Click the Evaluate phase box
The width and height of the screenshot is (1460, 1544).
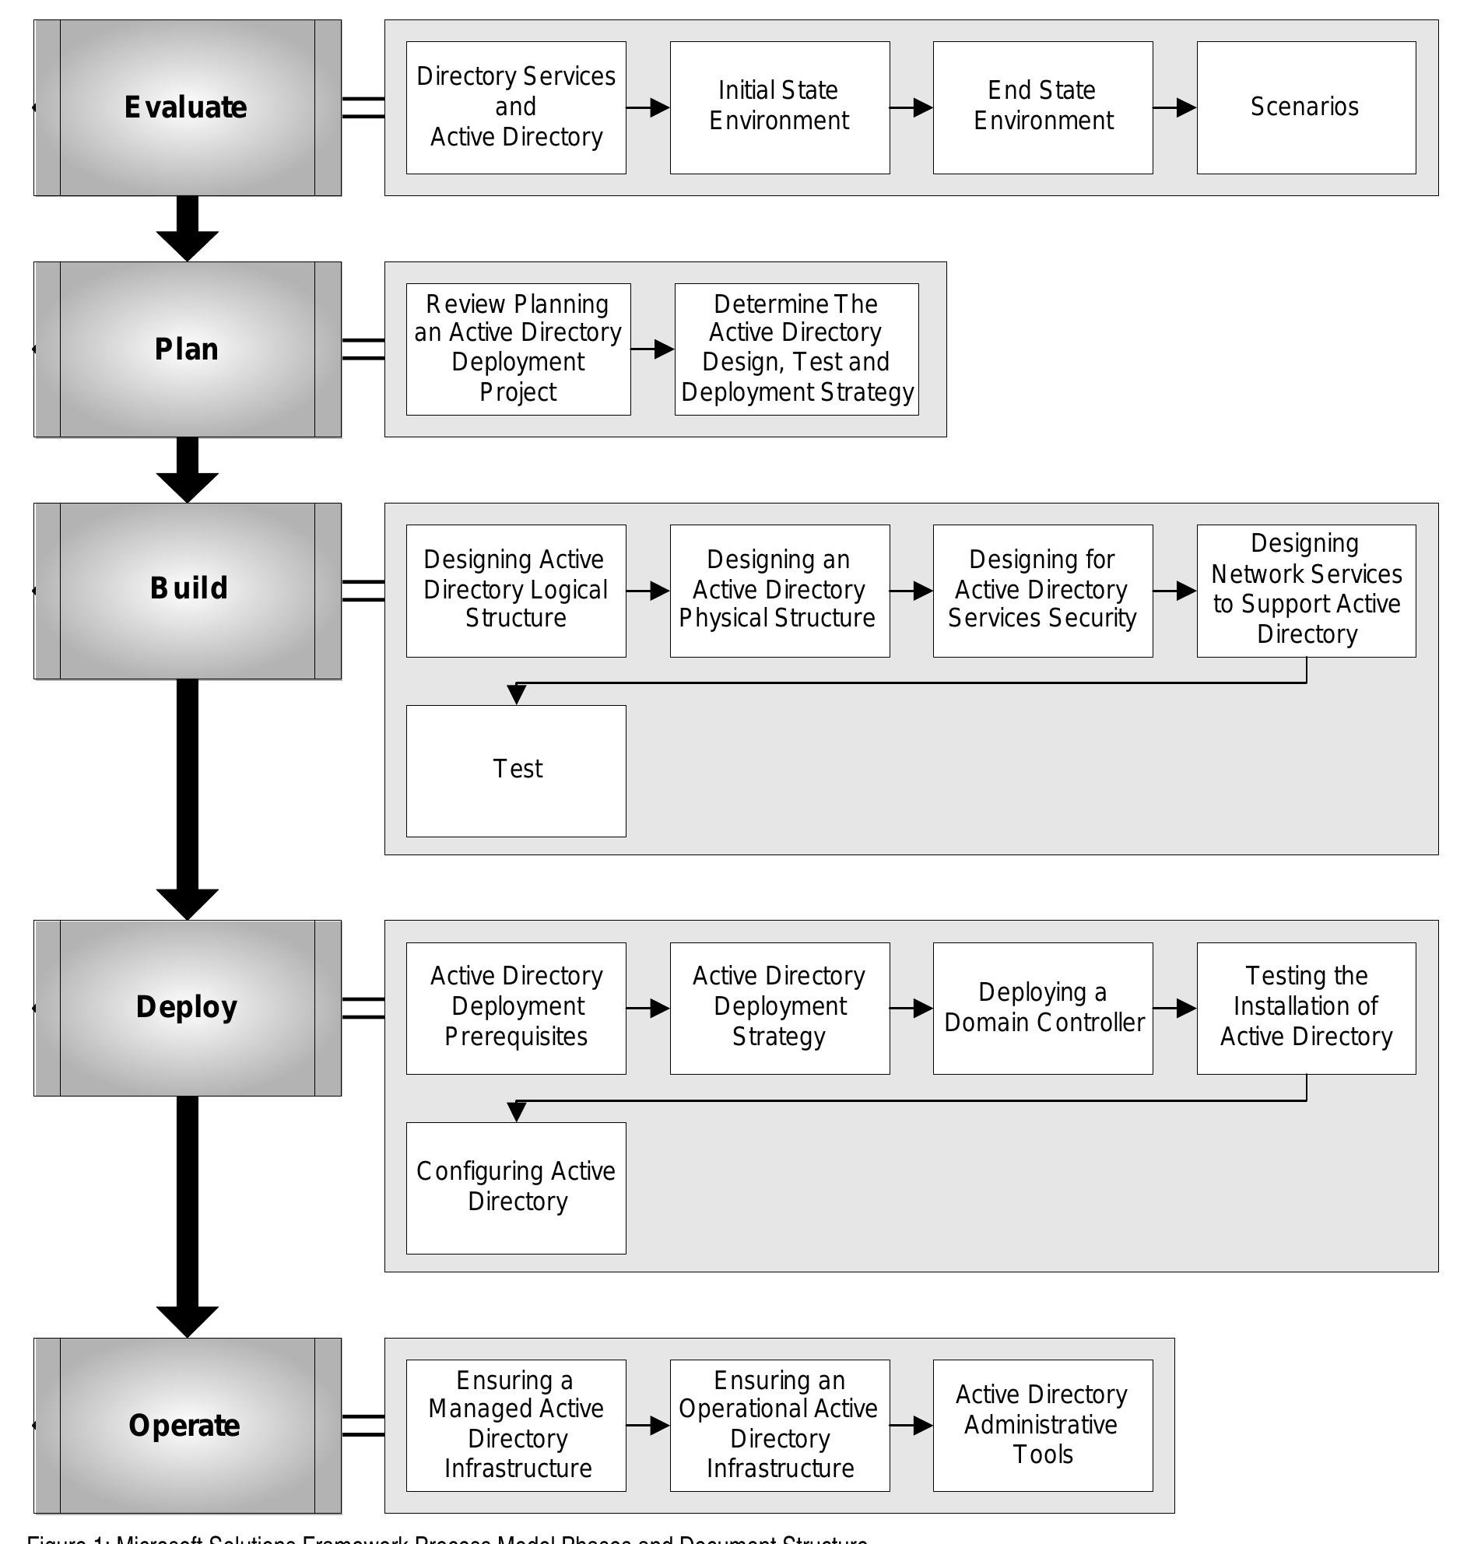coord(187,107)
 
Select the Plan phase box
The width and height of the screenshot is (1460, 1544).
coord(187,349)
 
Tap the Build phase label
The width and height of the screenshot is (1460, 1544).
coord(188,588)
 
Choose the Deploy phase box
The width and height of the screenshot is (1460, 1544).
coord(187,1007)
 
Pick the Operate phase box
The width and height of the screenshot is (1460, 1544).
coord(187,1425)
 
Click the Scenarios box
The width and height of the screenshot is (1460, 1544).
coord(1305,107)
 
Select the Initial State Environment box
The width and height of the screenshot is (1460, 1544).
coord(779,107)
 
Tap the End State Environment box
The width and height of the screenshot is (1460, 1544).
coord(1042,107)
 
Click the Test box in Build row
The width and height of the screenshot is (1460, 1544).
coord(516,770)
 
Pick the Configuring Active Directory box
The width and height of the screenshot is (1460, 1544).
coord(516,1188)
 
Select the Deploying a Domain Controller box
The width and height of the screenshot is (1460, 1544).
coord(1042,1008)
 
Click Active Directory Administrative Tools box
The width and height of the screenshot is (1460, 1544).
coord(1042,1425)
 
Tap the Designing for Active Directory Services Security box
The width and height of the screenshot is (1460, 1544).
coord(1042,590)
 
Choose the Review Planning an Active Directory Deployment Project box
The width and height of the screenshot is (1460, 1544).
coord(518,349)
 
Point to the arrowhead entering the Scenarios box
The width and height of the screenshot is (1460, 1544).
coord(1186,107)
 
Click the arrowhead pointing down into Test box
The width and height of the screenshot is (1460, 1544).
coord(516,695)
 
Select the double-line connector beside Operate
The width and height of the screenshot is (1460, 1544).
coord(363,1425)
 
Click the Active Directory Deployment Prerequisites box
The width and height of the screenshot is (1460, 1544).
coord(516,1008)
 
